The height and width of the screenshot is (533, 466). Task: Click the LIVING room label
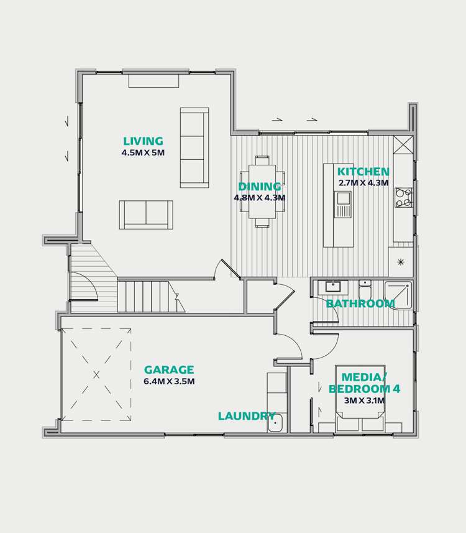143,142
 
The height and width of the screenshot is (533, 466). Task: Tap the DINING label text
260,187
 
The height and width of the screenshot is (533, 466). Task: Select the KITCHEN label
363,172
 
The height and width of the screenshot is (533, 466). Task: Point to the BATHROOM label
360,304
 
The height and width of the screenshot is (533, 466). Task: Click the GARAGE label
169,370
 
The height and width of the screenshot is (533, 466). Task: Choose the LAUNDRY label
247,417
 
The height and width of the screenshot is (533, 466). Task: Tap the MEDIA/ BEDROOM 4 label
364,382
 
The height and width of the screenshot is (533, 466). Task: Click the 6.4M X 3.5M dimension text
169,382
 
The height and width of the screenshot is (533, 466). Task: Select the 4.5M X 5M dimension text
144,152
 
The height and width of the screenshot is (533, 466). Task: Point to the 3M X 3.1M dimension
364,401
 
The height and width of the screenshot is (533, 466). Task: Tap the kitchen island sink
343,205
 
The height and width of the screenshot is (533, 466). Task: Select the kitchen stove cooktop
404,197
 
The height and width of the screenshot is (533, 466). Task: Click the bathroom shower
398,295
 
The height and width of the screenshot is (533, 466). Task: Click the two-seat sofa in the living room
147,215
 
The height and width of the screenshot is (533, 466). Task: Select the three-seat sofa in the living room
194,148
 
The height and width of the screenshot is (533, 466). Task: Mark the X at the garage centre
96,374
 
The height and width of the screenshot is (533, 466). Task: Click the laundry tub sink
276,423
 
